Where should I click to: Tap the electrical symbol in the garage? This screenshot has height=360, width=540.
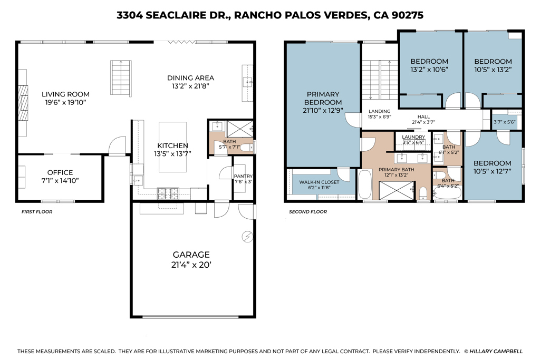click(x=246, y=237)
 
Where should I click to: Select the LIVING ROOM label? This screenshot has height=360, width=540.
click(x=65, y=94)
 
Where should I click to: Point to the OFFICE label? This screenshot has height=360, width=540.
click(x=60, y=172)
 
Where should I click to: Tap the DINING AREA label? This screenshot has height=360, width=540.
click(x=190, y=78)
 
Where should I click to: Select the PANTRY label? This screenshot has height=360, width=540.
click(x=243, y=176)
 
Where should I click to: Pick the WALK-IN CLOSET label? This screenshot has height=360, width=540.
click(x=319, y=182)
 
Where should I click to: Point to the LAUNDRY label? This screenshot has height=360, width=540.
click(x=413, y=137)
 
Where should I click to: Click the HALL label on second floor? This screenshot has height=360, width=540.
click(x=423, y=116)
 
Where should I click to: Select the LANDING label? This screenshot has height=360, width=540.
click(x=379, y=111)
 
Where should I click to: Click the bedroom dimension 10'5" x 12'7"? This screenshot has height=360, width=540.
click(x=493, y=171)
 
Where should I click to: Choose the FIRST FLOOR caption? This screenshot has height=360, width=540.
click(x=36, y=212)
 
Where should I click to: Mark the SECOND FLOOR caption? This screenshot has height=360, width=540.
click(x=307, y=212)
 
